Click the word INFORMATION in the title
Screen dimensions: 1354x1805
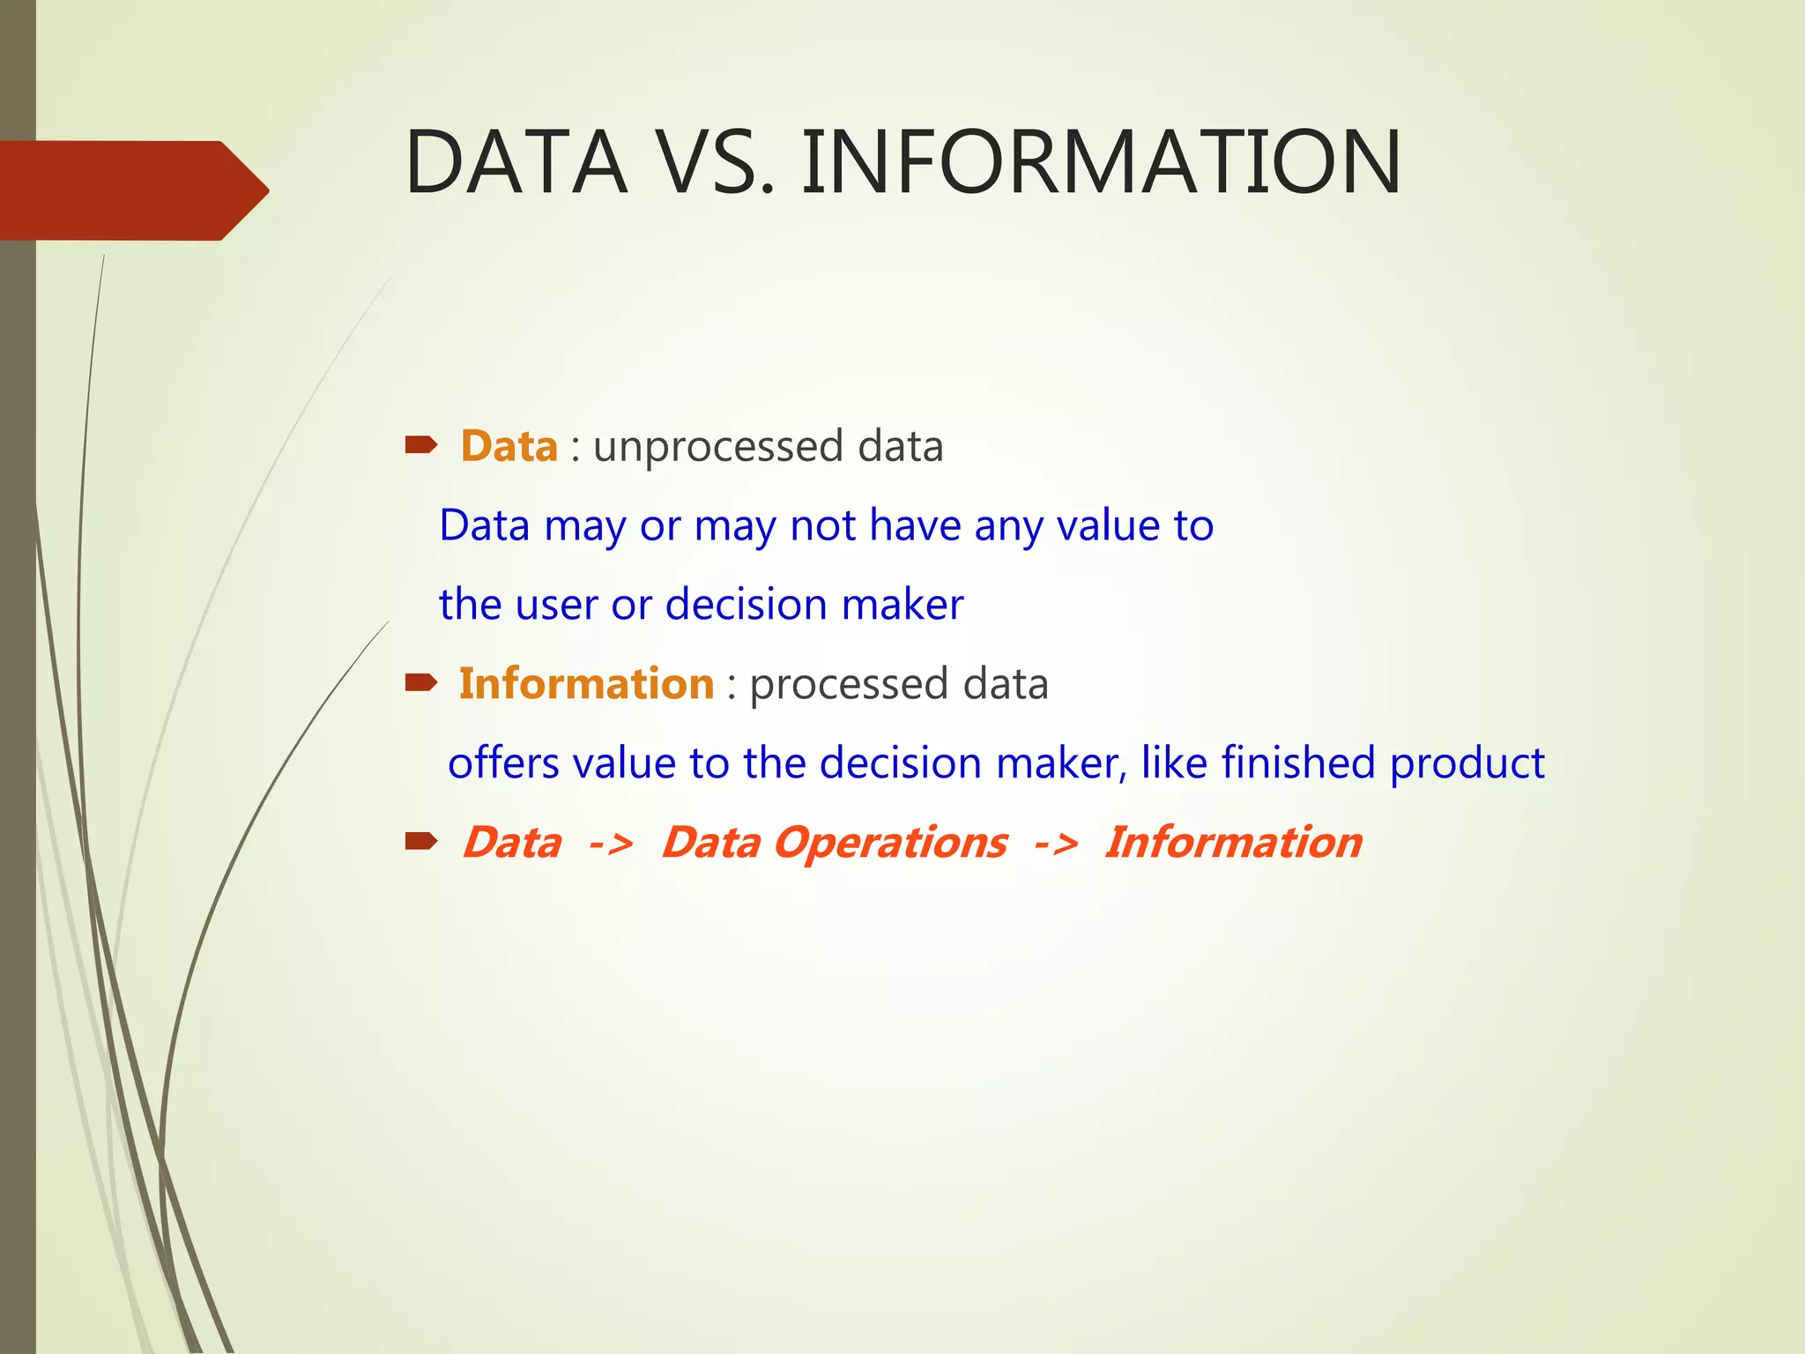click(x=1100, y=162)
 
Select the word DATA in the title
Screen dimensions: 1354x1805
click(x=516, y=162)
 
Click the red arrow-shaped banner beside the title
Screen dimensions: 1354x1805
click(x=132, y=190)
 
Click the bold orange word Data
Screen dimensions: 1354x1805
click(x=509, y=446)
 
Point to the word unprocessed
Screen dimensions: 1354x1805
click(x=718, y=447)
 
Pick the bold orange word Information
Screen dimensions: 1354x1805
click(x=586, y=684)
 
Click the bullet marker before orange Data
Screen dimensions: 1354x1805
click(x=420, y=445)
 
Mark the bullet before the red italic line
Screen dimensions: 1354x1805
click(x=420, y=842)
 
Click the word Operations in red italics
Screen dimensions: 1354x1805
click(x=890, y=843)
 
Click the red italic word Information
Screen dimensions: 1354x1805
click(x=1234, y=843)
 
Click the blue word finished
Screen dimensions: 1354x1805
click(x=1297, y=763)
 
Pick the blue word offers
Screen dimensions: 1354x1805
click(x=502, y=763)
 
